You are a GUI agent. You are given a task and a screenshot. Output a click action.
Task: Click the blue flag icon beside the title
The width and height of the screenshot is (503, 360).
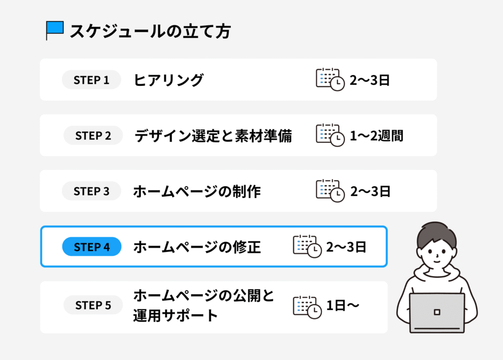55,30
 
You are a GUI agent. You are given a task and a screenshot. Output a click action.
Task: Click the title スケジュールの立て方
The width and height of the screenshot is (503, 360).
150,31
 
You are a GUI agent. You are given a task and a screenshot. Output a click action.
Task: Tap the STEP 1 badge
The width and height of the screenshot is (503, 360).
91,80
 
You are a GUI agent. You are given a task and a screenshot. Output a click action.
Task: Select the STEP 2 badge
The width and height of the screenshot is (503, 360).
93,136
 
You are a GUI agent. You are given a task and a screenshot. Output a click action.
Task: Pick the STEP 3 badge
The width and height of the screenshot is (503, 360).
91,191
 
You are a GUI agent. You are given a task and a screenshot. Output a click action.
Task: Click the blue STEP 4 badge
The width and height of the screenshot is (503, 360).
91,247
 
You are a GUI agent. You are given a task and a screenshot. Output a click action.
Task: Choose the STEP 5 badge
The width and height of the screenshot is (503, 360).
93,305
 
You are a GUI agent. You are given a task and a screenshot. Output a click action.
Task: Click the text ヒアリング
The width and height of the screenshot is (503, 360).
168,80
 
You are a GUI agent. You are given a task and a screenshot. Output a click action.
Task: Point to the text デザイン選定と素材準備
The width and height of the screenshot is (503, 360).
213,136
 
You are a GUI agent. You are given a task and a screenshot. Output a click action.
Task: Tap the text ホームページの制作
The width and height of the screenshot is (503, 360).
196,192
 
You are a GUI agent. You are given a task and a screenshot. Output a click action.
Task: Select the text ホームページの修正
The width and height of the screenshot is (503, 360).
196,247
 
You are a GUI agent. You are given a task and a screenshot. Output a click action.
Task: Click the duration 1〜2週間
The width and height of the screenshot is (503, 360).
376,136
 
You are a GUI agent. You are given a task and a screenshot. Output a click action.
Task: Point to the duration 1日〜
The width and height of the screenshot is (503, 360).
343,306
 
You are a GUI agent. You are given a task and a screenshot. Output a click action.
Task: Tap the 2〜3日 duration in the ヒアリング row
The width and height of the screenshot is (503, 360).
369,80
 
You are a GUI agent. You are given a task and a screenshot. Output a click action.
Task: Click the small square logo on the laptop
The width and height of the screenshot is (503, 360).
437,312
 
